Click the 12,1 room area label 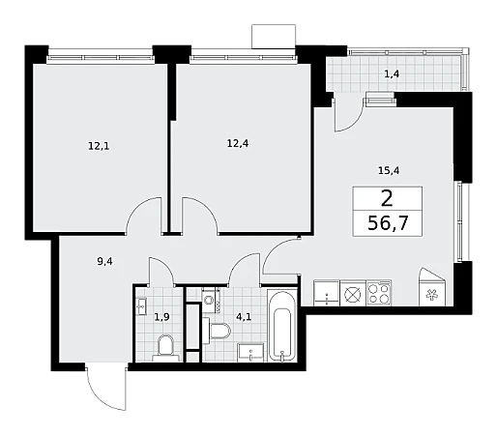(x=99, y=146)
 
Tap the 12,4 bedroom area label (x=238, y=143)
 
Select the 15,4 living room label (x=389, y=170)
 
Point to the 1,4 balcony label (x=392, y=74)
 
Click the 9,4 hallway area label (x=104, y=262)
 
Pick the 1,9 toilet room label (x=161, y=317)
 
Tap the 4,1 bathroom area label (x=244, y=317)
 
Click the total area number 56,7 (x=388, y=223)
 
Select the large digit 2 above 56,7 (x=387, y=198)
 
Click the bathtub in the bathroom (x=282, y=326)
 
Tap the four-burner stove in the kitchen (x=379, y=293)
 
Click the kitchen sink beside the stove (x=327, y=293)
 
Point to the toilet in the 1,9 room (x=165, y=348)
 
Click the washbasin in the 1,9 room (x=142, y=306)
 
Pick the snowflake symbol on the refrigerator (x=431, y=295)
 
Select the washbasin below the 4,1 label (x=250, y=352)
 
